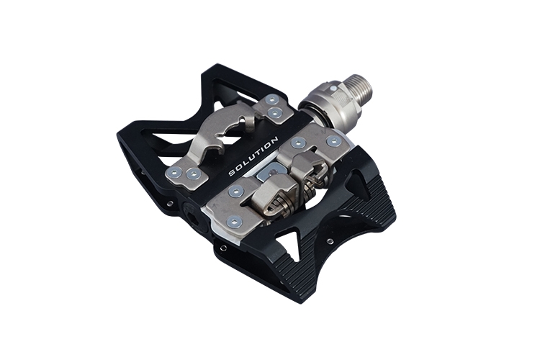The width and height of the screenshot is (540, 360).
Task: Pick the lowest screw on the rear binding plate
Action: click(235, 222)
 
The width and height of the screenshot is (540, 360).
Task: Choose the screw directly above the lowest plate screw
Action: click(235, 192)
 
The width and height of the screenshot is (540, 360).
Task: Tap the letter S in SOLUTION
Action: click(232, 173)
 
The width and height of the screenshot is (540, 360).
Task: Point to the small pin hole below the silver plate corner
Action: click(225, 248)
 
